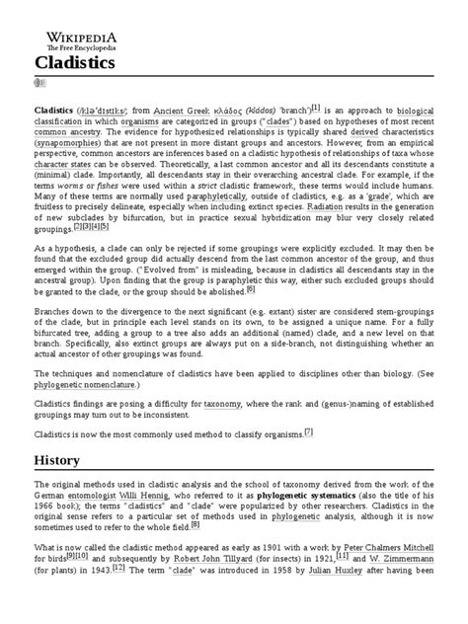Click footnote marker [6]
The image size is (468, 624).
251,288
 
